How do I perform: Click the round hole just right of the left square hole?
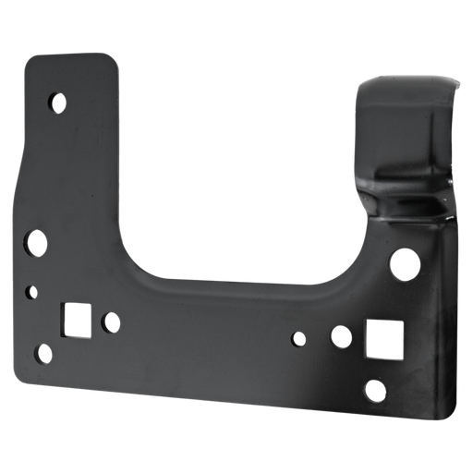pos(110,322)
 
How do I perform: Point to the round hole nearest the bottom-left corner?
pos(42,352)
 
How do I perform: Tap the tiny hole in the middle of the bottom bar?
pos(297,339)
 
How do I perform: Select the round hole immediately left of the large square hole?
pos(341,334)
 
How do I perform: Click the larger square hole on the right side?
pos(382,339)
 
